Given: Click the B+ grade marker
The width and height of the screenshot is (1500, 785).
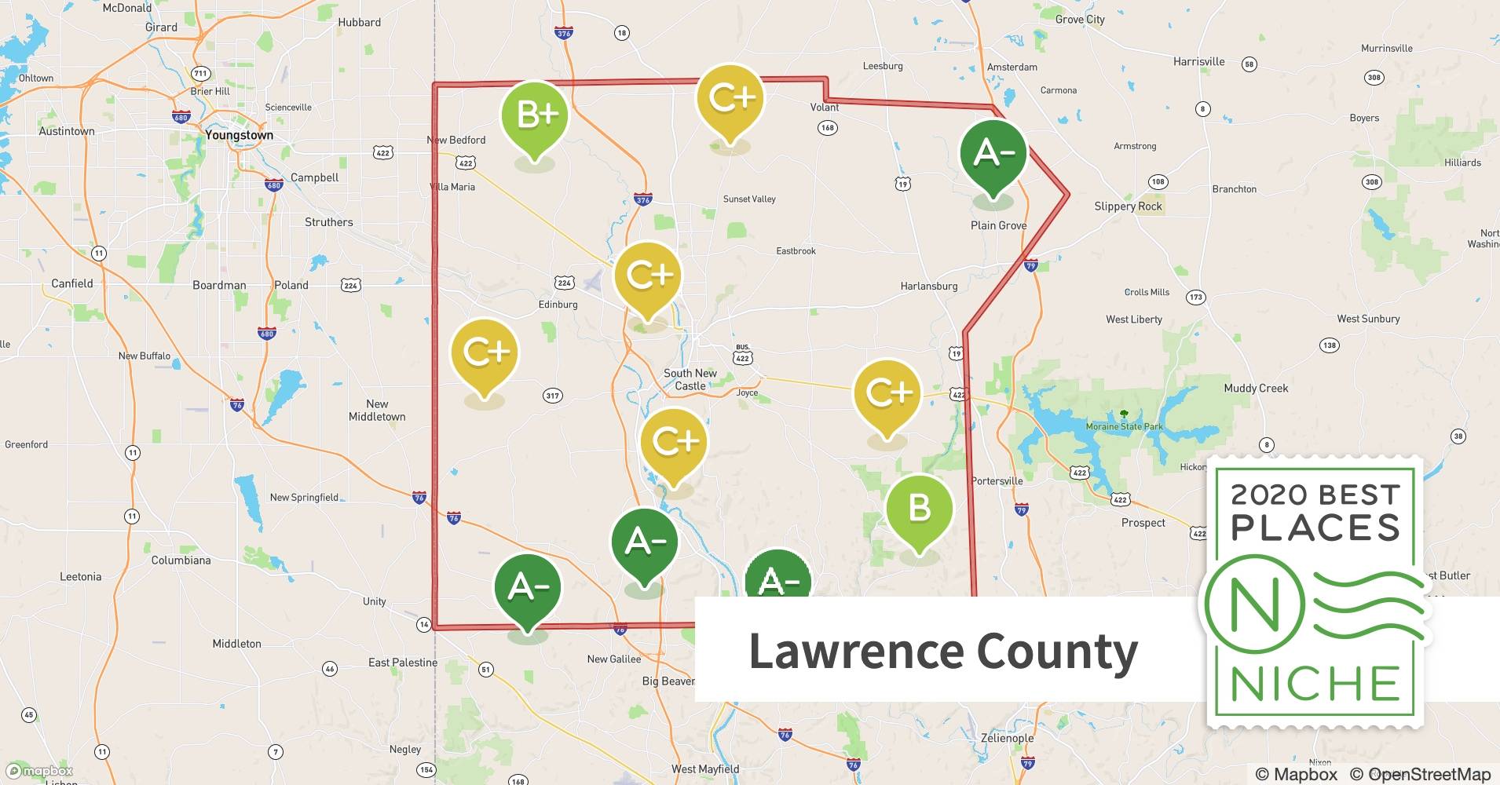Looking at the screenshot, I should point(535,116).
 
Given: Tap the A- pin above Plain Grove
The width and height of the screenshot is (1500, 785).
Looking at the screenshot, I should point(993,154).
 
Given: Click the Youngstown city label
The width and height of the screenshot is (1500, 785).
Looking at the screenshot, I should point(239,135).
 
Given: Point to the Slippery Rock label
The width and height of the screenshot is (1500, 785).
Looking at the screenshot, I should point(1128,206).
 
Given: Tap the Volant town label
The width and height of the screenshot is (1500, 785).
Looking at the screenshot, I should point(825,108).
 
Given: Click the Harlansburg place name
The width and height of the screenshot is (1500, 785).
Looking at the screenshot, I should point(928,287).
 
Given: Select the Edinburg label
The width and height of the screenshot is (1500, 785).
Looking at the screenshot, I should point(558,305).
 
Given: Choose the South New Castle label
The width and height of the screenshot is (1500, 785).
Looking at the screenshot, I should point(690,379).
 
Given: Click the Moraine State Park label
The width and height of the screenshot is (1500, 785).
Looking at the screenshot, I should point(1124,426).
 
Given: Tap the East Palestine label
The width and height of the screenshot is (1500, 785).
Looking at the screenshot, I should point(402,663).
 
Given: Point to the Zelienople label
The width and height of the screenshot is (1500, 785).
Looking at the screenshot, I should point(1007,738).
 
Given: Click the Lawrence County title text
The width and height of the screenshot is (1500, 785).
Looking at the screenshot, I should point(942,652).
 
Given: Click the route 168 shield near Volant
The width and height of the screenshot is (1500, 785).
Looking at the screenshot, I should point(827,127).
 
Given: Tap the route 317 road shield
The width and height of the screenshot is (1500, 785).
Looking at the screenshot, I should point(552,396).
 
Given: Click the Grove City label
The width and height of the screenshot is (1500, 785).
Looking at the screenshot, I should point(1079,20).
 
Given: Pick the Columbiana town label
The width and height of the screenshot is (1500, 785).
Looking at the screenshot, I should point(181,560).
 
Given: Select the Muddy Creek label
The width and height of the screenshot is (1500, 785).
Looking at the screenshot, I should point(1255,389).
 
